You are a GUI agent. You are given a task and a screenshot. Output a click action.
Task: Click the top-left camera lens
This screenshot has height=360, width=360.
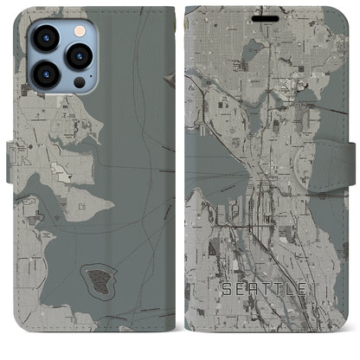(x=45, y=38)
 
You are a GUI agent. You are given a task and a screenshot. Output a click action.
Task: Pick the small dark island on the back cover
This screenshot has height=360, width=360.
(x=97, y=279)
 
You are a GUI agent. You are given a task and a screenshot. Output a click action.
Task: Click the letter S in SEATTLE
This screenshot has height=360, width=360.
(x=227, y=289)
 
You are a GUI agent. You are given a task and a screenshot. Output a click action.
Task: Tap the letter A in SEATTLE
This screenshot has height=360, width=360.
(x=254, y=289)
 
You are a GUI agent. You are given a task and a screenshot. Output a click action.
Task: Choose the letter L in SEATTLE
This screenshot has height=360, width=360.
(x=291, y=289)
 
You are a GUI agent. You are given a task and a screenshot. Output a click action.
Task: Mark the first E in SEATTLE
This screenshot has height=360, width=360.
(x=241, y=289)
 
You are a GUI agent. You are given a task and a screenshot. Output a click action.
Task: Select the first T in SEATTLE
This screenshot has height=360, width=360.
(x=267, y=289)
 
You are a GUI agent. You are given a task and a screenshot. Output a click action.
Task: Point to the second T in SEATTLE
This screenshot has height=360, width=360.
(x=280, y=289)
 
